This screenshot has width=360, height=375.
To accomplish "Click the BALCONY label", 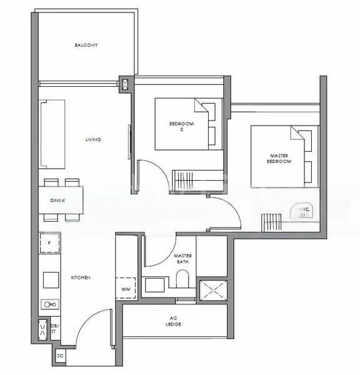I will pyautogui.click(x=86, y=46).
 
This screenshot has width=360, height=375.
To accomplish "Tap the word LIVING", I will pyautogui.click(x=93, y=139).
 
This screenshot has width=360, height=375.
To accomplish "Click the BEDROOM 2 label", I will pyautogui.click(x=181, y=126).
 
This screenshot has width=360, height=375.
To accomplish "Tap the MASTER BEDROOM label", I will pyautogui.click(x=281, y=158).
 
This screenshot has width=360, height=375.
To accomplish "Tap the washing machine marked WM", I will pyautogui.click(x=126, y=289).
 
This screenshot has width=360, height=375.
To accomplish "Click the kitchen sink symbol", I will pyautogui.click(x=49, y=304).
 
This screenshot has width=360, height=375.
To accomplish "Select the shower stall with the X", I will pyautogui.click(x=212, y=291).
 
